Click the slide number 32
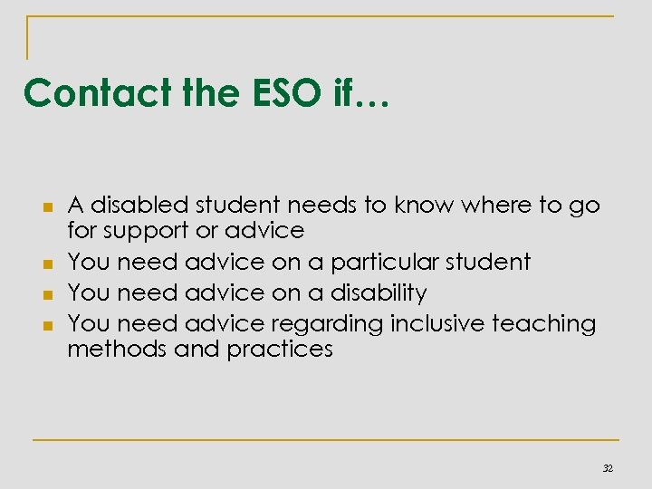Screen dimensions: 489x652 [608, 467]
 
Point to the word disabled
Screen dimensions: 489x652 [139, 206]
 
